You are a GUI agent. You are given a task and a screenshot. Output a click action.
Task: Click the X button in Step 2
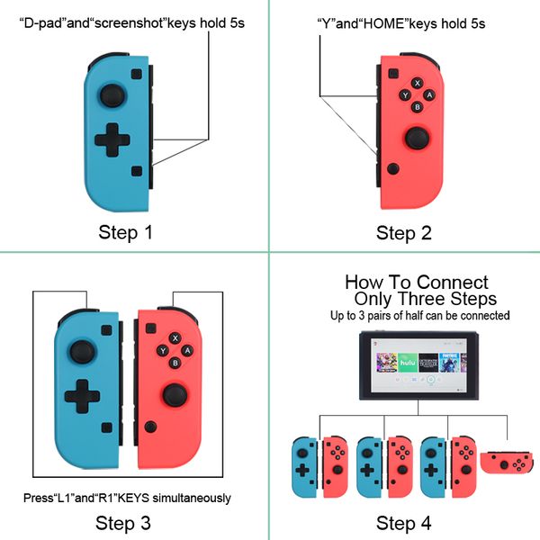click(418, 83)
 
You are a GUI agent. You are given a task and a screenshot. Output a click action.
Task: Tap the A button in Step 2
click(429, 95)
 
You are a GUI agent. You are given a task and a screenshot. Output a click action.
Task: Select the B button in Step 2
click(418, 107)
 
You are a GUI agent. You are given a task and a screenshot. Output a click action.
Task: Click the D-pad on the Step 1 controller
click(112, 139)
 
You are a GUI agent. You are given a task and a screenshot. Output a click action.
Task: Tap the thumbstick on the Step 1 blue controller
click(112, 95)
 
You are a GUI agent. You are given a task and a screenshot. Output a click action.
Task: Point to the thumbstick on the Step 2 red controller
click(417, 139)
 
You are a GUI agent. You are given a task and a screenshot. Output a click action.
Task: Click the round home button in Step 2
click(393, 169)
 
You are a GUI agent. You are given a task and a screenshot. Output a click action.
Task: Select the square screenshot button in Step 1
click(137, 171)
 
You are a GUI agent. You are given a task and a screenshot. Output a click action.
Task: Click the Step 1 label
click(125, 232)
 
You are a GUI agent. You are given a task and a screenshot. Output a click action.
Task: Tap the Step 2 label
click(403, 233)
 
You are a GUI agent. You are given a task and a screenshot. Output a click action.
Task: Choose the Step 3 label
click(123, 524)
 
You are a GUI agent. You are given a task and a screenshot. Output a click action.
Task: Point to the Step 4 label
click(403, 524)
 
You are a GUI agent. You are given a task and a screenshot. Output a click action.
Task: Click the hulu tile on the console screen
click(408, 363)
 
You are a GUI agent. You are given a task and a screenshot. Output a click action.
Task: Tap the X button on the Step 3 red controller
click(175, 338)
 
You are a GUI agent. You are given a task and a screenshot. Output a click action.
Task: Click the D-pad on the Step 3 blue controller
click(82, 396)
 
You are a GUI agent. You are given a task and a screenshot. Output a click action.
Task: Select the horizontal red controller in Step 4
click(507, 463)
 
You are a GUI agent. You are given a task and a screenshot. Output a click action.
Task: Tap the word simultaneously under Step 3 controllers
click(192, 499)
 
